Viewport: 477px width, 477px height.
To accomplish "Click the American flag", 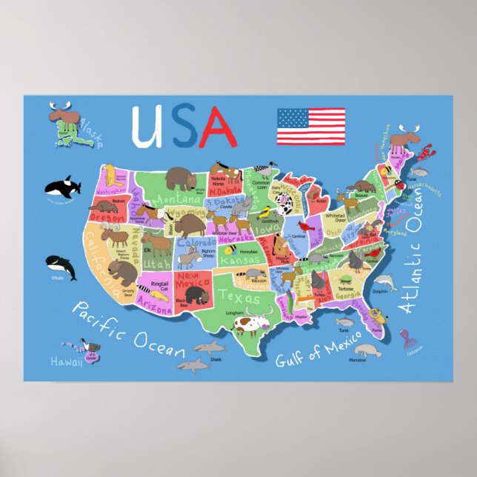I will pyautogui.click(x=310, y=126).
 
